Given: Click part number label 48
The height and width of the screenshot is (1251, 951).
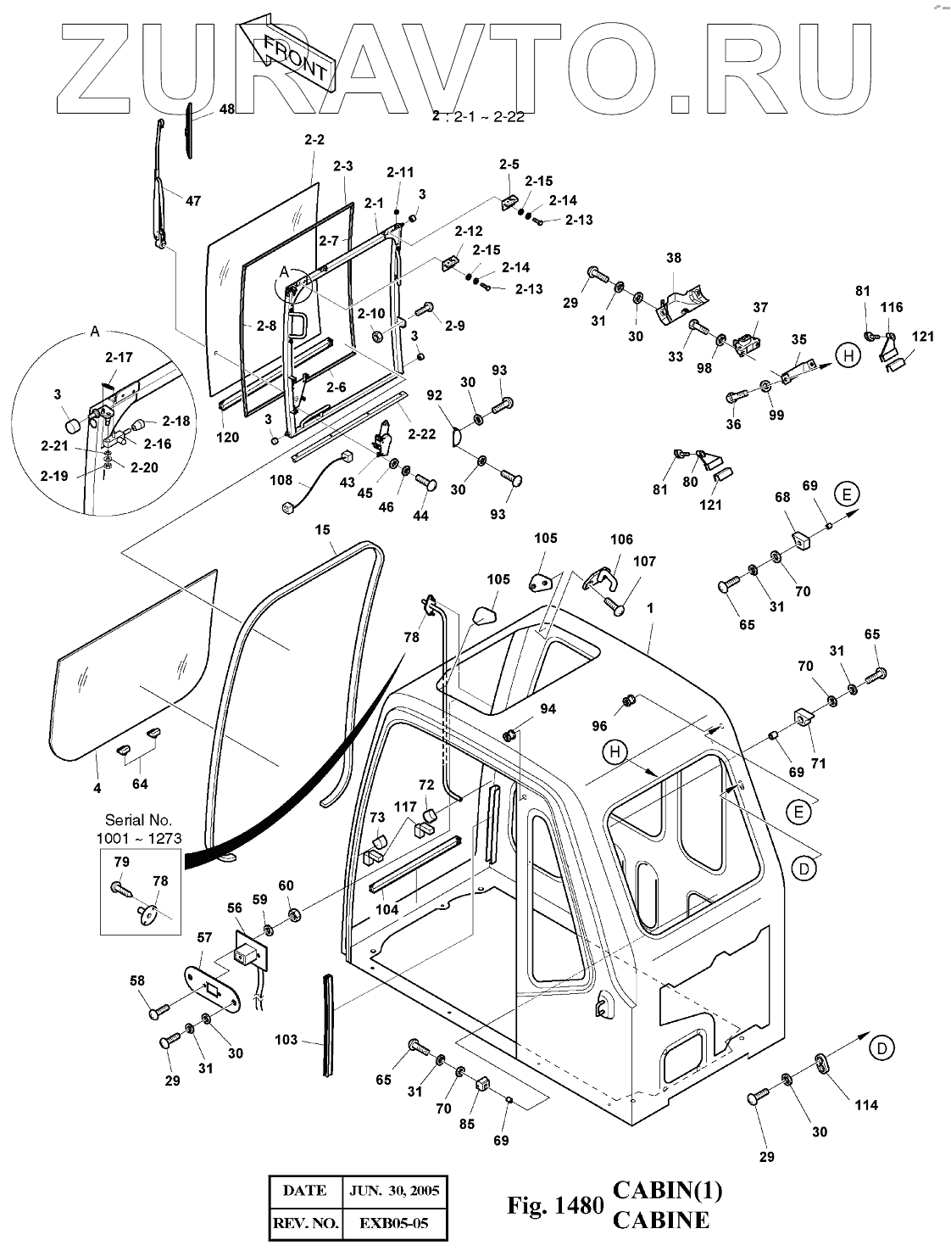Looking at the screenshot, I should pyautogui.click(x=227, y=109).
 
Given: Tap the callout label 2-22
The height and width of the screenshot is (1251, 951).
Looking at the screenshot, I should pyautogui.click(x=420, y=433).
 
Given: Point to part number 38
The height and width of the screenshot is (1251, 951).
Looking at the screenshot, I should pyautogui.click(x=674, y=259).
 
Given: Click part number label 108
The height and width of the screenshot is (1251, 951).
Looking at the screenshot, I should pyautogui.click(x=281, y=481).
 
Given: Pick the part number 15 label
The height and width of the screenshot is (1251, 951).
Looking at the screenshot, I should pyautogui.click(x=322, y=530).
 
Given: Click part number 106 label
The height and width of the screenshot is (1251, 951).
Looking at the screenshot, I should pyautogui.click(x=621, y=539).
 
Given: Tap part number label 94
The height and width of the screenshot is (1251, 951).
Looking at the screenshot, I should pyautogui.click(x=548, y=708).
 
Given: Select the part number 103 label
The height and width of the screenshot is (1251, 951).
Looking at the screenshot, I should pyautogui.click(x=286, y=1039).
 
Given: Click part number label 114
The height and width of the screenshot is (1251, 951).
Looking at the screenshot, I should pyautogui.click(x=866, y=1104).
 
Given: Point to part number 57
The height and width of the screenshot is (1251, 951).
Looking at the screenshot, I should pyautogui.click(x=203, y=937).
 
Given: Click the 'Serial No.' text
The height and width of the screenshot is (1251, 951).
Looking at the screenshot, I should pyautogui.click(x=138, y=820).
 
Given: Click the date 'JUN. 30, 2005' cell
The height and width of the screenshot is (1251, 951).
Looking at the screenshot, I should pyautogui.click(x=392, y=1190).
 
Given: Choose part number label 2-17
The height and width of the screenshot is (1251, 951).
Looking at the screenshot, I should pyautogui.click(x=120, y=357).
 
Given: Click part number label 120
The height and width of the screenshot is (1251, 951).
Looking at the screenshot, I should pyautogui.click(x=228, y=438).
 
